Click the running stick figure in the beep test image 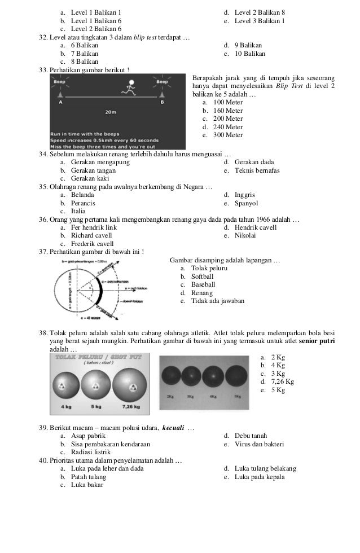coord(130,89)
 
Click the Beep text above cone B coord(162,82)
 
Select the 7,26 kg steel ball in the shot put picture coord(131,387)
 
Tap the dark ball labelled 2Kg coord(170,376)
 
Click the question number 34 coord(43,155)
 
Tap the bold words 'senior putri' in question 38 coord(317,341)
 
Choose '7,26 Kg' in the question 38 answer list coord(283,381)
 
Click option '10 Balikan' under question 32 coord(249,54)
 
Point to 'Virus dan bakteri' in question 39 coord(259,444)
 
